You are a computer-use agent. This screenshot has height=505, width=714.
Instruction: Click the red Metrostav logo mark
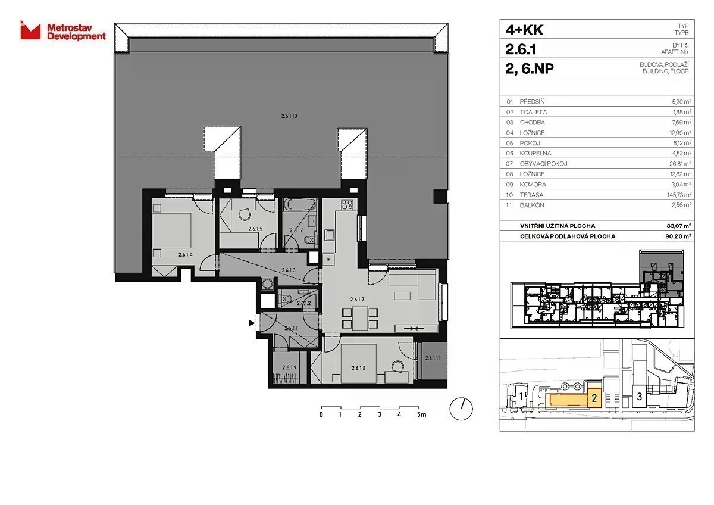(30, 30)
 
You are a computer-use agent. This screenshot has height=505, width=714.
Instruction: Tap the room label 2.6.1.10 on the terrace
(289, 116)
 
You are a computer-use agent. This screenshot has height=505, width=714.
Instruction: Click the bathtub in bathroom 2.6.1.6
(300, 204)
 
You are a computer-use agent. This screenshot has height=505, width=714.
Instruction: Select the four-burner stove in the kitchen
(347, 204)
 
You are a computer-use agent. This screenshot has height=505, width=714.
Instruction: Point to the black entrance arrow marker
(252, 323)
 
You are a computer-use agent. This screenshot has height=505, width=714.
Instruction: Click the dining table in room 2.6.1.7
(360, 318)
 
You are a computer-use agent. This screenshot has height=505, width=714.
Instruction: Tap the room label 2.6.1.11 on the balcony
(432, 359)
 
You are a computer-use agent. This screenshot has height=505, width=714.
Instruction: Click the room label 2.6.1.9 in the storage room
(289, 367)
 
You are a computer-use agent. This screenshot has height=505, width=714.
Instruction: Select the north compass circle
(461, 409)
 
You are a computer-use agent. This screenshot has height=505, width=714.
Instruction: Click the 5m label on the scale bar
(421, 414)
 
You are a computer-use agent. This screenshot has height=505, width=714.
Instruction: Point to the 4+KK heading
(524, 30)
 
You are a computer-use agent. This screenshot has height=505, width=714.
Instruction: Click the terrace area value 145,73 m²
(679, 195)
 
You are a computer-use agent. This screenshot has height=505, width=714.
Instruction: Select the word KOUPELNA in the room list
(535, 154)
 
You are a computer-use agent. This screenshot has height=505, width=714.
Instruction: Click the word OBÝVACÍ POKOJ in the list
(543, 164)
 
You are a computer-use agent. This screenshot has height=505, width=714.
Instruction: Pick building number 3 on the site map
(639, 397)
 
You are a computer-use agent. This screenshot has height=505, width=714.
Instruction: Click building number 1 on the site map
(521, 397)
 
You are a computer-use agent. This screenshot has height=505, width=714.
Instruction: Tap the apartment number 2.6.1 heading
(521, 49)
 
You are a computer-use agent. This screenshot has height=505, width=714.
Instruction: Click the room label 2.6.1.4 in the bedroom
(186, 254)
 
